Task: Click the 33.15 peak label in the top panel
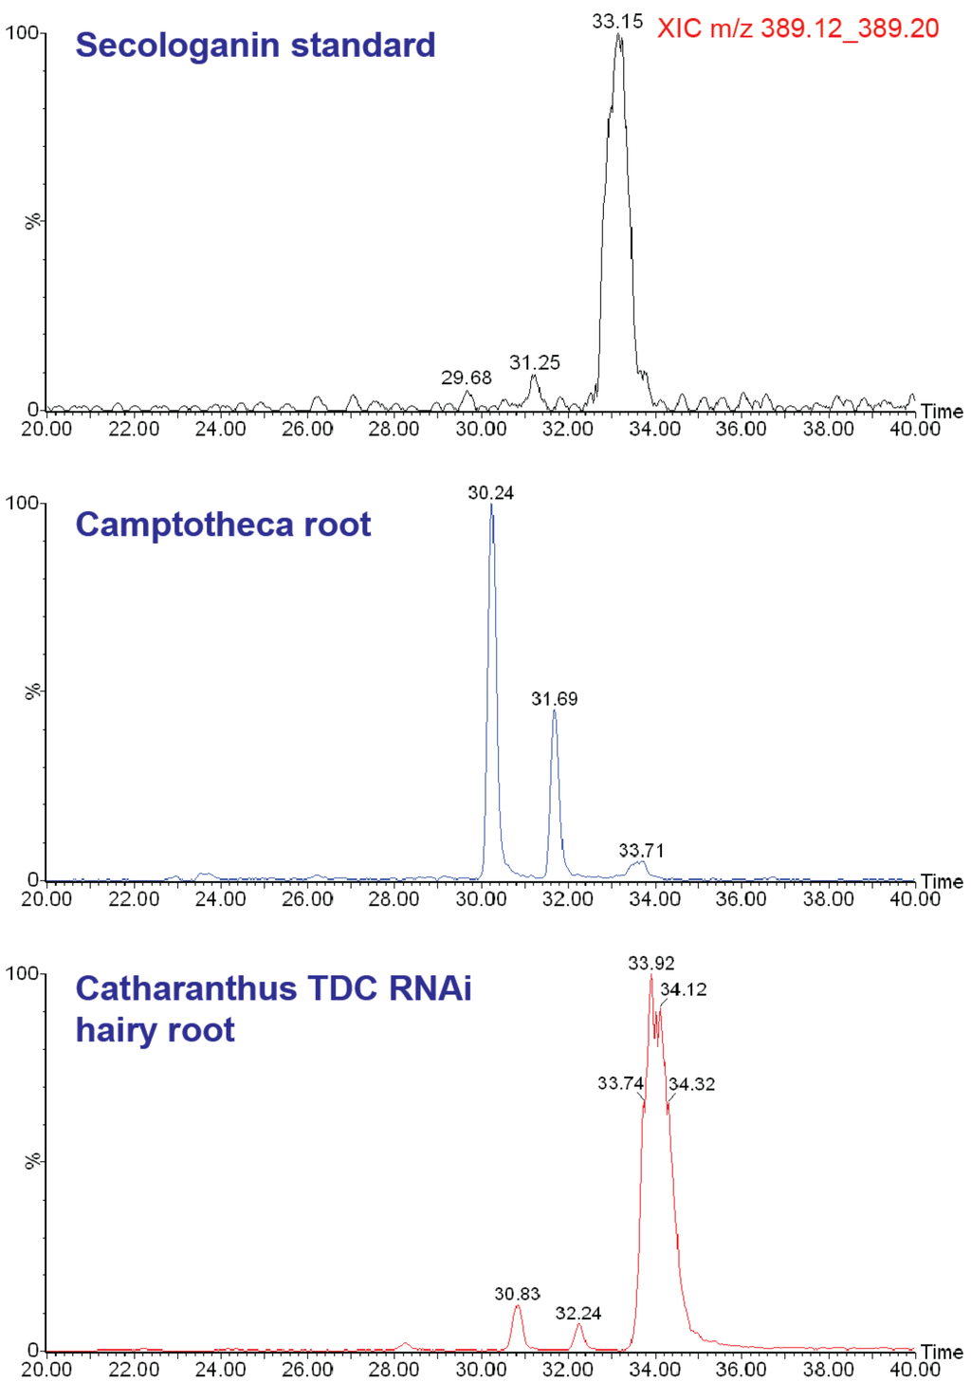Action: tap(617, 21)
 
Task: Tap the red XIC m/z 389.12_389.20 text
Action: tap(797, 28)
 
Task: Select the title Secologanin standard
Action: tap(255, 45)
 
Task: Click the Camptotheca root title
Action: tap(223, 525)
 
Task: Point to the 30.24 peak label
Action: tap(490, 492)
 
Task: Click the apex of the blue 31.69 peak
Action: tap(555, 711)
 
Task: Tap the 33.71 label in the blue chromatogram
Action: tap(641, 850)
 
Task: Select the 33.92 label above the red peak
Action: tap(651, 963)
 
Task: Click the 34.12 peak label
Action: tap(684, 989)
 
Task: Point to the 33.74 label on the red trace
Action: tap(620, 1083)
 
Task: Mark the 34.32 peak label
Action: tap(692, 1084)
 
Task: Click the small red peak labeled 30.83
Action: tap(517, 1309)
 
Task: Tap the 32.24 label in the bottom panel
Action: tap(578, 1313)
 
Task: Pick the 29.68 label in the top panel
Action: tap(467, 378)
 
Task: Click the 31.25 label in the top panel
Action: tap(535, 362)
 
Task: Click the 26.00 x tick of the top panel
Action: tap(307, 429)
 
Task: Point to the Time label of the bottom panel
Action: tap(942, 1352)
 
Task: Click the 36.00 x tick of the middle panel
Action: tap(742, 899)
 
